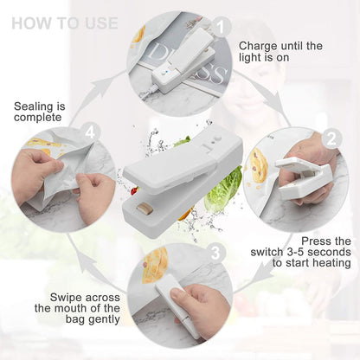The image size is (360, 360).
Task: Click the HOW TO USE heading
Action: coord(65,22)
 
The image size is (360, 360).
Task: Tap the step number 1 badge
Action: coord(222,27)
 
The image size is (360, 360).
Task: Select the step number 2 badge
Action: coord(330,138)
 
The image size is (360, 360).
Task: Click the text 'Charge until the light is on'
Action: coord(280,51)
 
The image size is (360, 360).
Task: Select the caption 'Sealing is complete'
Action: coord(38,111)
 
